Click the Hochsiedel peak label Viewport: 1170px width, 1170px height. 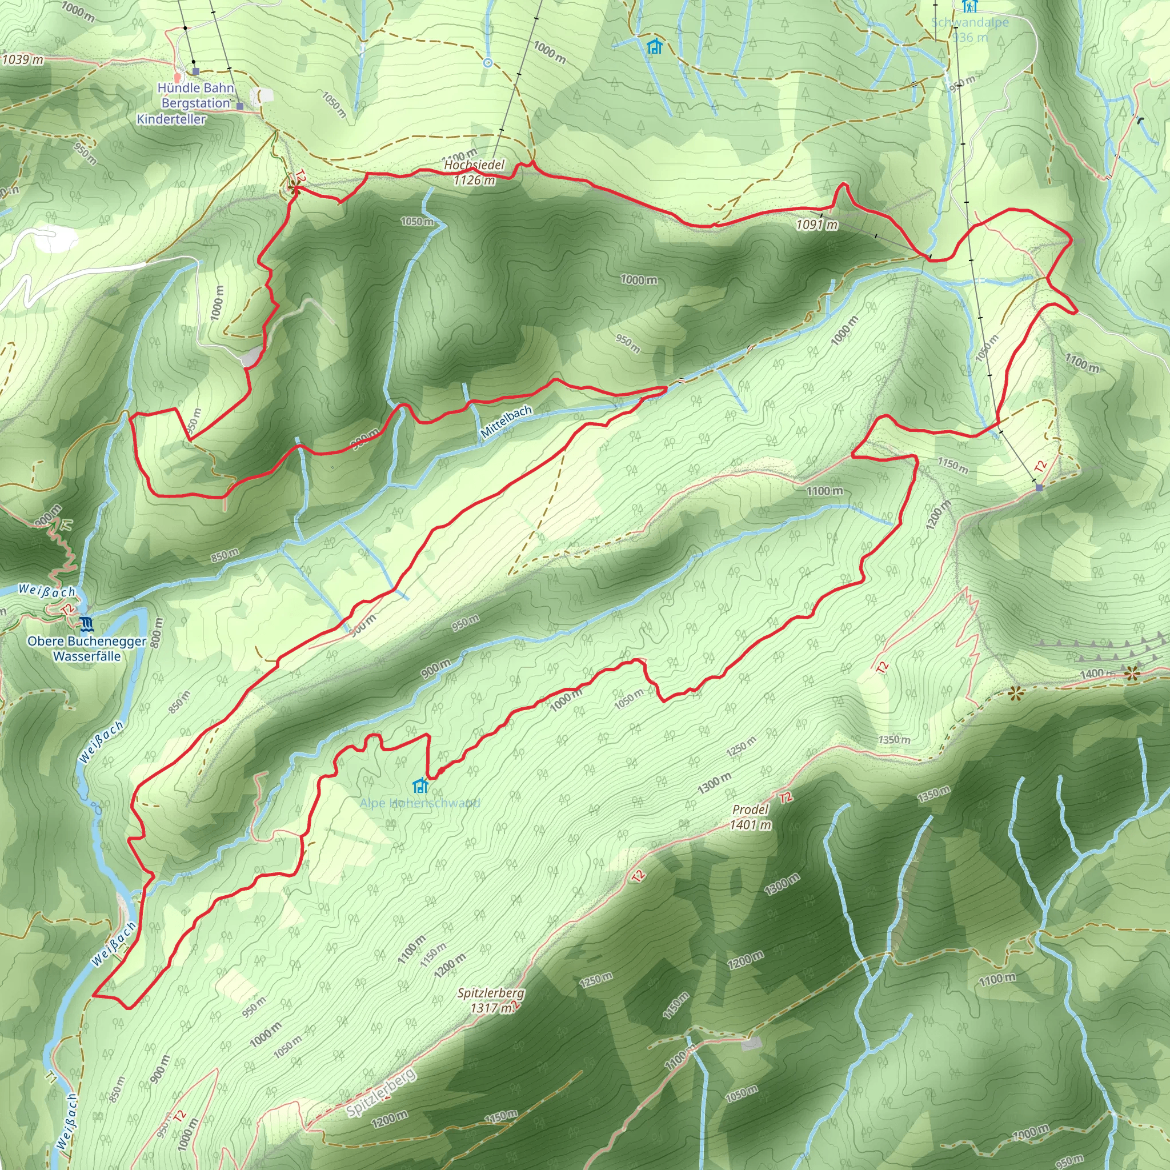tap(474, 165)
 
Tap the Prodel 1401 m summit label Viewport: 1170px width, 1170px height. tap(750, 817)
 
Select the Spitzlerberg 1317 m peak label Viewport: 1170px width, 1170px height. tap(491, 1000)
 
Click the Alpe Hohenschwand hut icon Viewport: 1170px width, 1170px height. tap(420, 786)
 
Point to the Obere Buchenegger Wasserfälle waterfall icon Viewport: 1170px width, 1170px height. tap(87, 624)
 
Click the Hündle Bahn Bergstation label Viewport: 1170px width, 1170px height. tap(195, 95)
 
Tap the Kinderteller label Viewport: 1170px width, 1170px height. tap(171, 119)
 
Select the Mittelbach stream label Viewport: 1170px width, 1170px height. tap(506, 422)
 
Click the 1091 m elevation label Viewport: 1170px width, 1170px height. tap(817, 225)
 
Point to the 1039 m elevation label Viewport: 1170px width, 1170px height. tap(22, 59)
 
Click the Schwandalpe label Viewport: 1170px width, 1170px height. tap(969, 23)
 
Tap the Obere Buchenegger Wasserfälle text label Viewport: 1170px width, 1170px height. tap(87, 648)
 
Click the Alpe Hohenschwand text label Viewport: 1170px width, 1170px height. tap(420, 804)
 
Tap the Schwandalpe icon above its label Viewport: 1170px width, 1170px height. tap(969, 6)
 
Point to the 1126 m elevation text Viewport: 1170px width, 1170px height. tap(474, 180)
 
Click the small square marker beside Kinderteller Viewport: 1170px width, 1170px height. tap(240, 106)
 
